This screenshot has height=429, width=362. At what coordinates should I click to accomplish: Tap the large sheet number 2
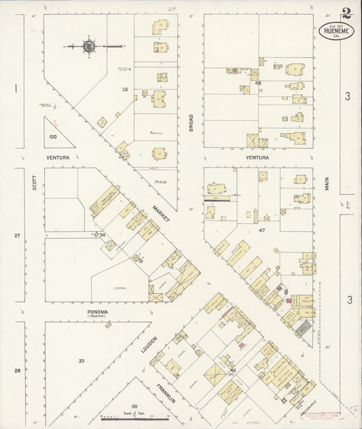(347, 14)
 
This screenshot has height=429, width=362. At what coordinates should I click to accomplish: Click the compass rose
(88, 46)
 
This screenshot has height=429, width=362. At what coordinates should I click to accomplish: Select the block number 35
(124, 89)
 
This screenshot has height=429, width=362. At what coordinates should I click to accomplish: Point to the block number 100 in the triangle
(53, 136)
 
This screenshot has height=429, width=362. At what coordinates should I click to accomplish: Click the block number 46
(258, 83)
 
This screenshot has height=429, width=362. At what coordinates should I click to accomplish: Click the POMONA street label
(98, 312)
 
